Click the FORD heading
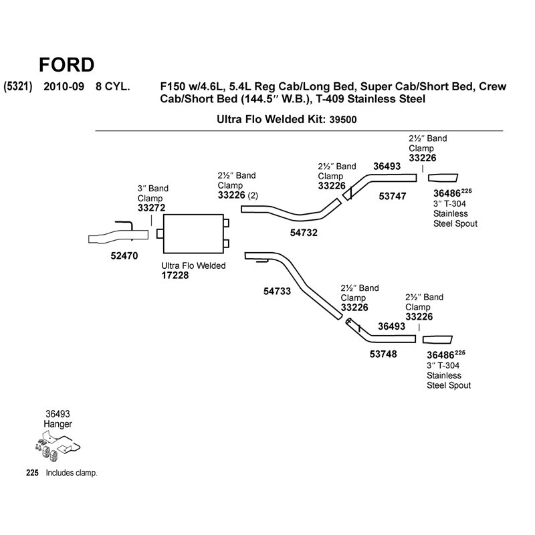(66, 65)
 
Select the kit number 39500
(343, 120)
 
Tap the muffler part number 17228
(175, 276)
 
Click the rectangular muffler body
(193, 233)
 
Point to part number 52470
(124, 256)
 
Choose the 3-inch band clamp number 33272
(152, 208)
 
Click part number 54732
(304, 233)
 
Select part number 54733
(277, 292)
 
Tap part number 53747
(393, 196)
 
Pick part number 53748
(383, 354)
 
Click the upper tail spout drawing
(443, 178)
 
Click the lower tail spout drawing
(437, 340)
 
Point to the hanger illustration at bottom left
(58, 447)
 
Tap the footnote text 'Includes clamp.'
(72, 473)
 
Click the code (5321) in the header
(18, 86)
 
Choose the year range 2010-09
(64, 86)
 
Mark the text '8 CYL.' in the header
(112, 86)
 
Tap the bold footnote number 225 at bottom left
(32, 473)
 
